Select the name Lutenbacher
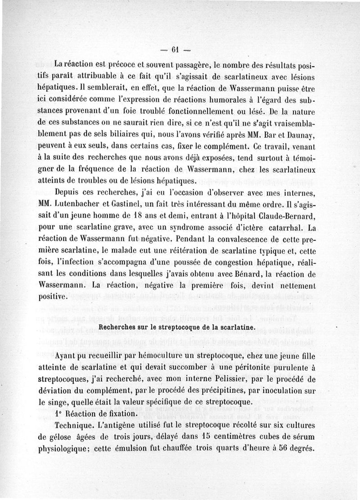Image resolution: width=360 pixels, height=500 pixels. pos(74,204)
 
